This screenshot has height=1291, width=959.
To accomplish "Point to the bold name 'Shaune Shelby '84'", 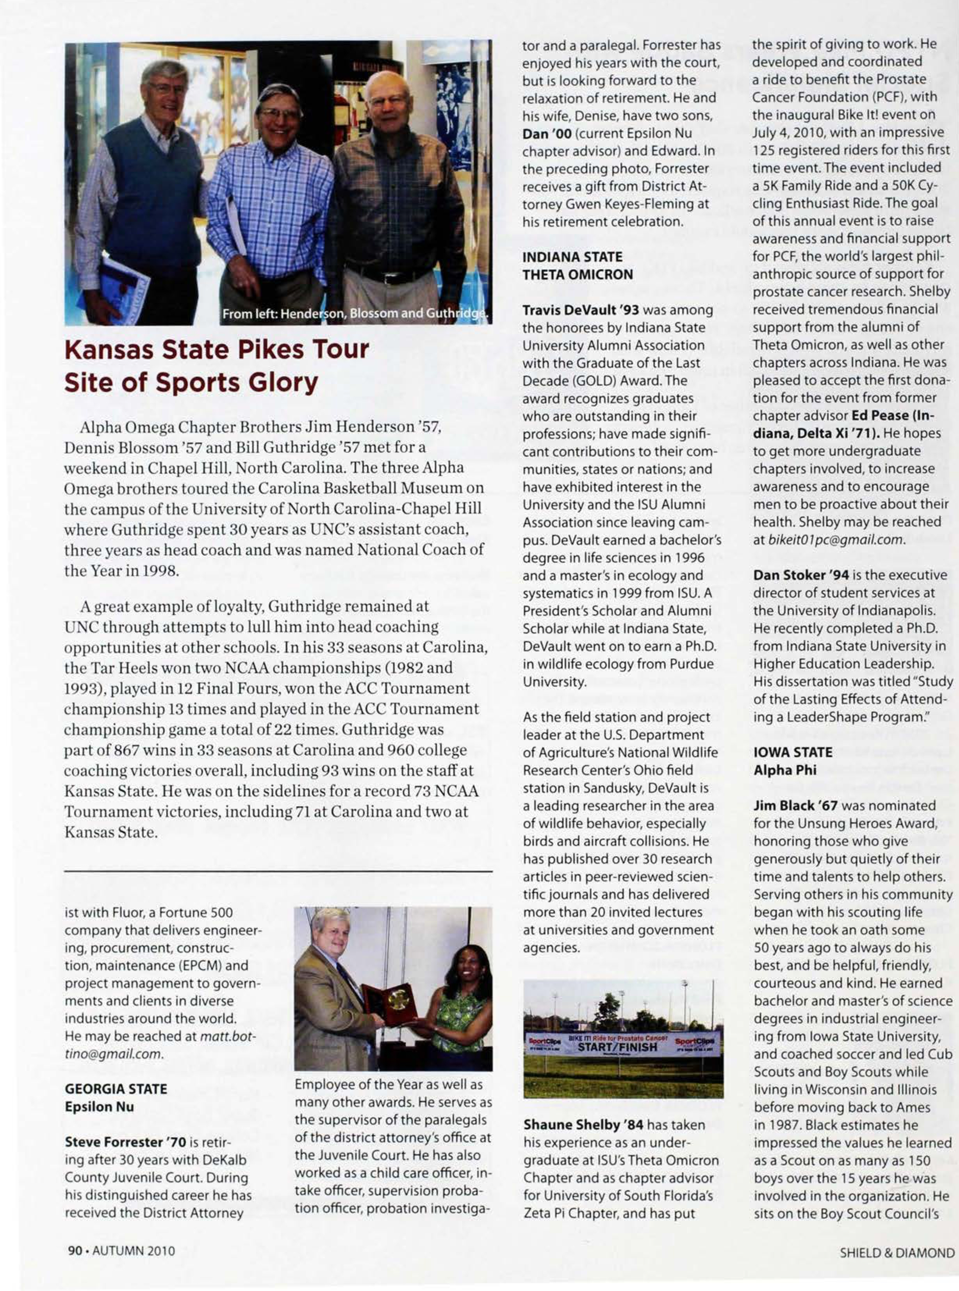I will click(583, 1124).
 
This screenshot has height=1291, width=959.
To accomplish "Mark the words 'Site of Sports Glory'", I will click(191, 383).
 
